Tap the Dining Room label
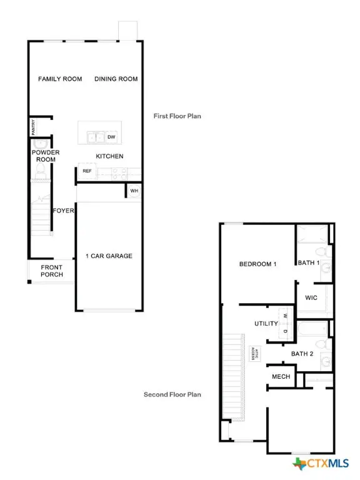116,79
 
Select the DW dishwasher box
111,137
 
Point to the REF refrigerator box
87,171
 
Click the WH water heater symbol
134,191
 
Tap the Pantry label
33,127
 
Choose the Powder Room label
44,156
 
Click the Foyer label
64,211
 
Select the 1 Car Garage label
109,256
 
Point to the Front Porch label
52,271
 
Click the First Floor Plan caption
177,116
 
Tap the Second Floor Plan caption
172,394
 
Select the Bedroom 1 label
258,264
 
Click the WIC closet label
311,297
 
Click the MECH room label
279,376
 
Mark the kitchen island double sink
96,137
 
